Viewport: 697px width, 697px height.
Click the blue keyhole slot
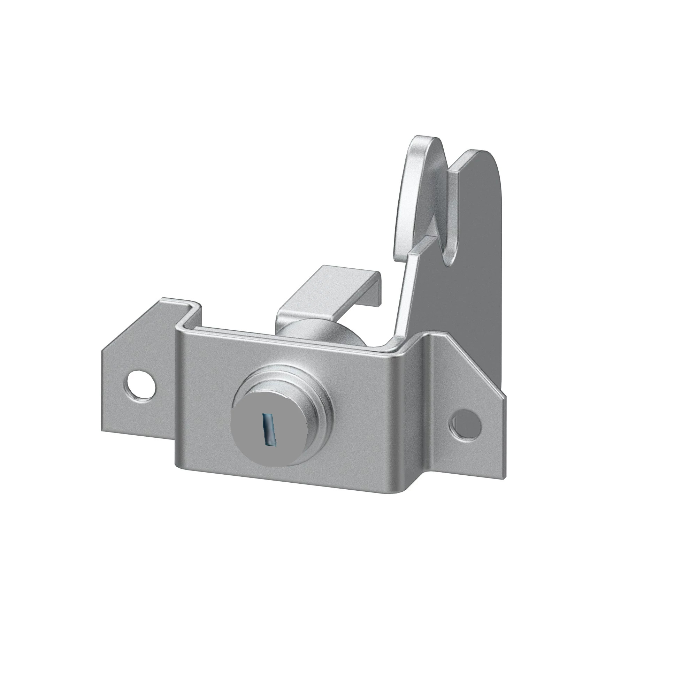click(269, 430)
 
